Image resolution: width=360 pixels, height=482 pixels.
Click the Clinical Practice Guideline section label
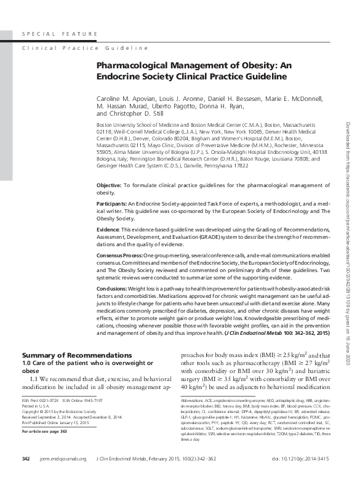coord(85,47)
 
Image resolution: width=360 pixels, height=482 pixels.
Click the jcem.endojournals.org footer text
coord(63,476)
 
